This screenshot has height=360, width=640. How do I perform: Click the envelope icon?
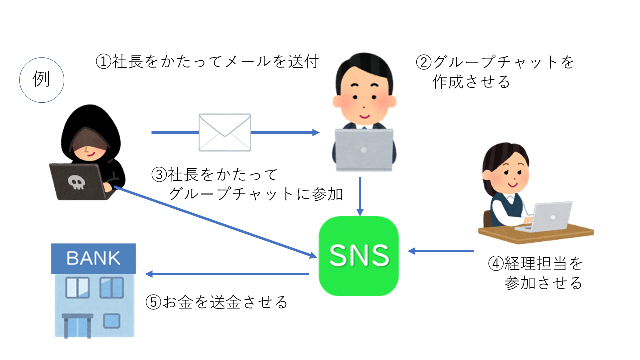pyautogui.click(x=225, y=132)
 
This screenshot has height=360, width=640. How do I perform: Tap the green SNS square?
pyautogui.click(x=358, y=256)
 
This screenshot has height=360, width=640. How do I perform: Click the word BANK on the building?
pyautogui.click(x=93, y=258)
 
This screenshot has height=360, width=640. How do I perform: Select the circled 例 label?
pyautogui.click(x=41, y=80)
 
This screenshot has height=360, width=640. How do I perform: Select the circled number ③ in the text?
pyautogui.click(x=158, y=175)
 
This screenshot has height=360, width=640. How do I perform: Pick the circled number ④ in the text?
pyautogui.click(x=495, y=263)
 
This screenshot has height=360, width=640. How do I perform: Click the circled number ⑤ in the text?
pyautogui.click(x=153, y=302)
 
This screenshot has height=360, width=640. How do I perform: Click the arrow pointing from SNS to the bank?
pyautogui.click(x=227, y=274)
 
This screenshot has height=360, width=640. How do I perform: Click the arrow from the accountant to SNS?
pyautogui.click(x=440, y=251)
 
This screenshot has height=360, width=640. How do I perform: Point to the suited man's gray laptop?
pyautogui.click(x=364, y=150)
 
